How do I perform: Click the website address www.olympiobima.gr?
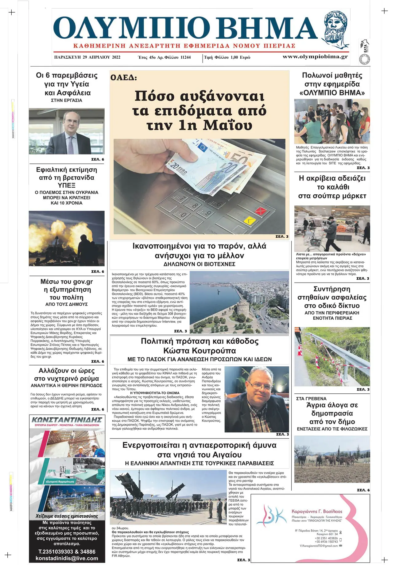(x=315, y=57)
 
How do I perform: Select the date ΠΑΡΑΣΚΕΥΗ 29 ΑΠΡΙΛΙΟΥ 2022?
(x=87, y=57)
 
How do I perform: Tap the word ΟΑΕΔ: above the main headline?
(x=124, y=78)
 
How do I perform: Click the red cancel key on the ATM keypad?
(x=260, y=211)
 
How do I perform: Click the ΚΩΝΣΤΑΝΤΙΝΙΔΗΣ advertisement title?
(x=67, y=420)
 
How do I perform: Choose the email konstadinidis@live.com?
(x=67, y=558)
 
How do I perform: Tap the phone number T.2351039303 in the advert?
(x=56, y=551)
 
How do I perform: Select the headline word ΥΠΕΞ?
(x=67, y=185)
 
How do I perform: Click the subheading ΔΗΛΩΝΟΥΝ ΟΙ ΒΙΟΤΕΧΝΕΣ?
(x=199, y=264)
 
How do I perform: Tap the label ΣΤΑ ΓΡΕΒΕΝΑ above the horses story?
(x=311, y=399)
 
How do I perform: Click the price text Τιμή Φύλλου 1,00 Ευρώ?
(x=227, y=57)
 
